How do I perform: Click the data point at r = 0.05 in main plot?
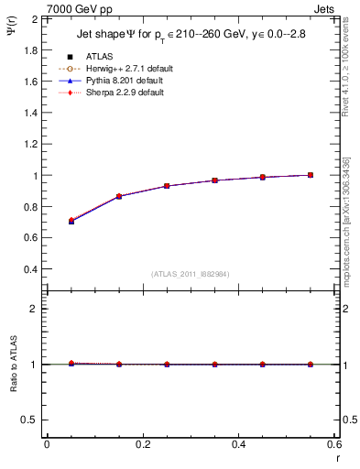71,221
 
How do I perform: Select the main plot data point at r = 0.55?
311,175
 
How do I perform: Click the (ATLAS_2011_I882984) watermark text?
191,273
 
